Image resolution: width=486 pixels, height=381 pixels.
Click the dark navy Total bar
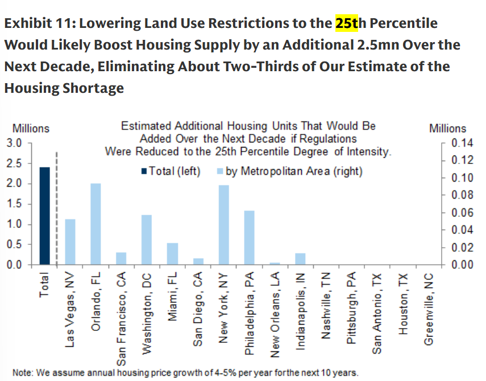pos(44,216)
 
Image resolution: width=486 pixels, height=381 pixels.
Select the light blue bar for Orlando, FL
pos(95,224)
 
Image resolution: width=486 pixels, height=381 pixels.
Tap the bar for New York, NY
pos(223,225)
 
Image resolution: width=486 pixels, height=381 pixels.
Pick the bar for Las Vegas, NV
pos(70,242)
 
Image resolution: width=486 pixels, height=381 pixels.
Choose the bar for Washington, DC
pos(147,240)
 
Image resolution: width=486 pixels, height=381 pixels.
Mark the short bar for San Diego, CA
pos(198,261)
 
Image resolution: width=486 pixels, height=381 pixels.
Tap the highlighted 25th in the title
pos(347,23)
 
